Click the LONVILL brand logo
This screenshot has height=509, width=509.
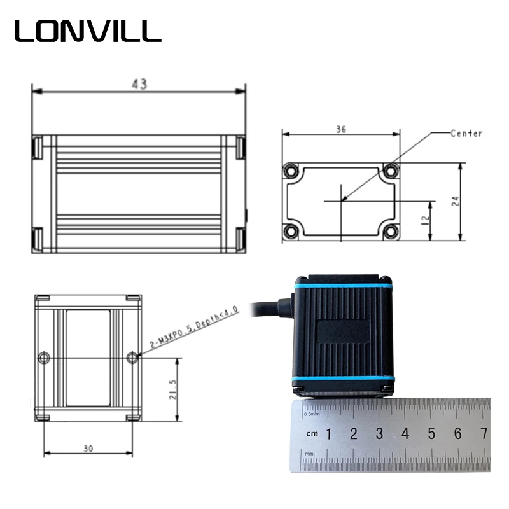pyautogui.click(x=88, y=30)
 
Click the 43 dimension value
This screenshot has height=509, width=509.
pyautogui.click(x=139, y=84)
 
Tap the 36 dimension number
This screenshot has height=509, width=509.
pyautogui.click(x=340, y=129)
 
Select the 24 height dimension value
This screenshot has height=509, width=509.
pyautogui.click(x=455, y=201)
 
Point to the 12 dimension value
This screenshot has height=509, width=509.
pyautogui.click(x=425, y=218)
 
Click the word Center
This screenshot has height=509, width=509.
pyautogui.click(x=466, y=134)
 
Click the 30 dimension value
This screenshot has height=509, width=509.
pyautogui.click(x=88, y=448)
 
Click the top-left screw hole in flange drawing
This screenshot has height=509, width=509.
pyautogui.click(x=292, y=171)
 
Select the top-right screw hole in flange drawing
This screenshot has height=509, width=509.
pyautogui.click(x=391, y=171)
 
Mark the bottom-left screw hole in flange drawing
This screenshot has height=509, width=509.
pyautogui.click(x=292, y=232)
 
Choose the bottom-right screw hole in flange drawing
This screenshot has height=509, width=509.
pyautogui.click(x=391, y=232)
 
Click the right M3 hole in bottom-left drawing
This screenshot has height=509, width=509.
pyautogui.click(x=132, y=358)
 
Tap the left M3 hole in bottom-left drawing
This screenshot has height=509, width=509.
pyautogui.click(x=44, y=358)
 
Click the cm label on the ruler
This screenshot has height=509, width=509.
pyautogui.click(x=312, y=434)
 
